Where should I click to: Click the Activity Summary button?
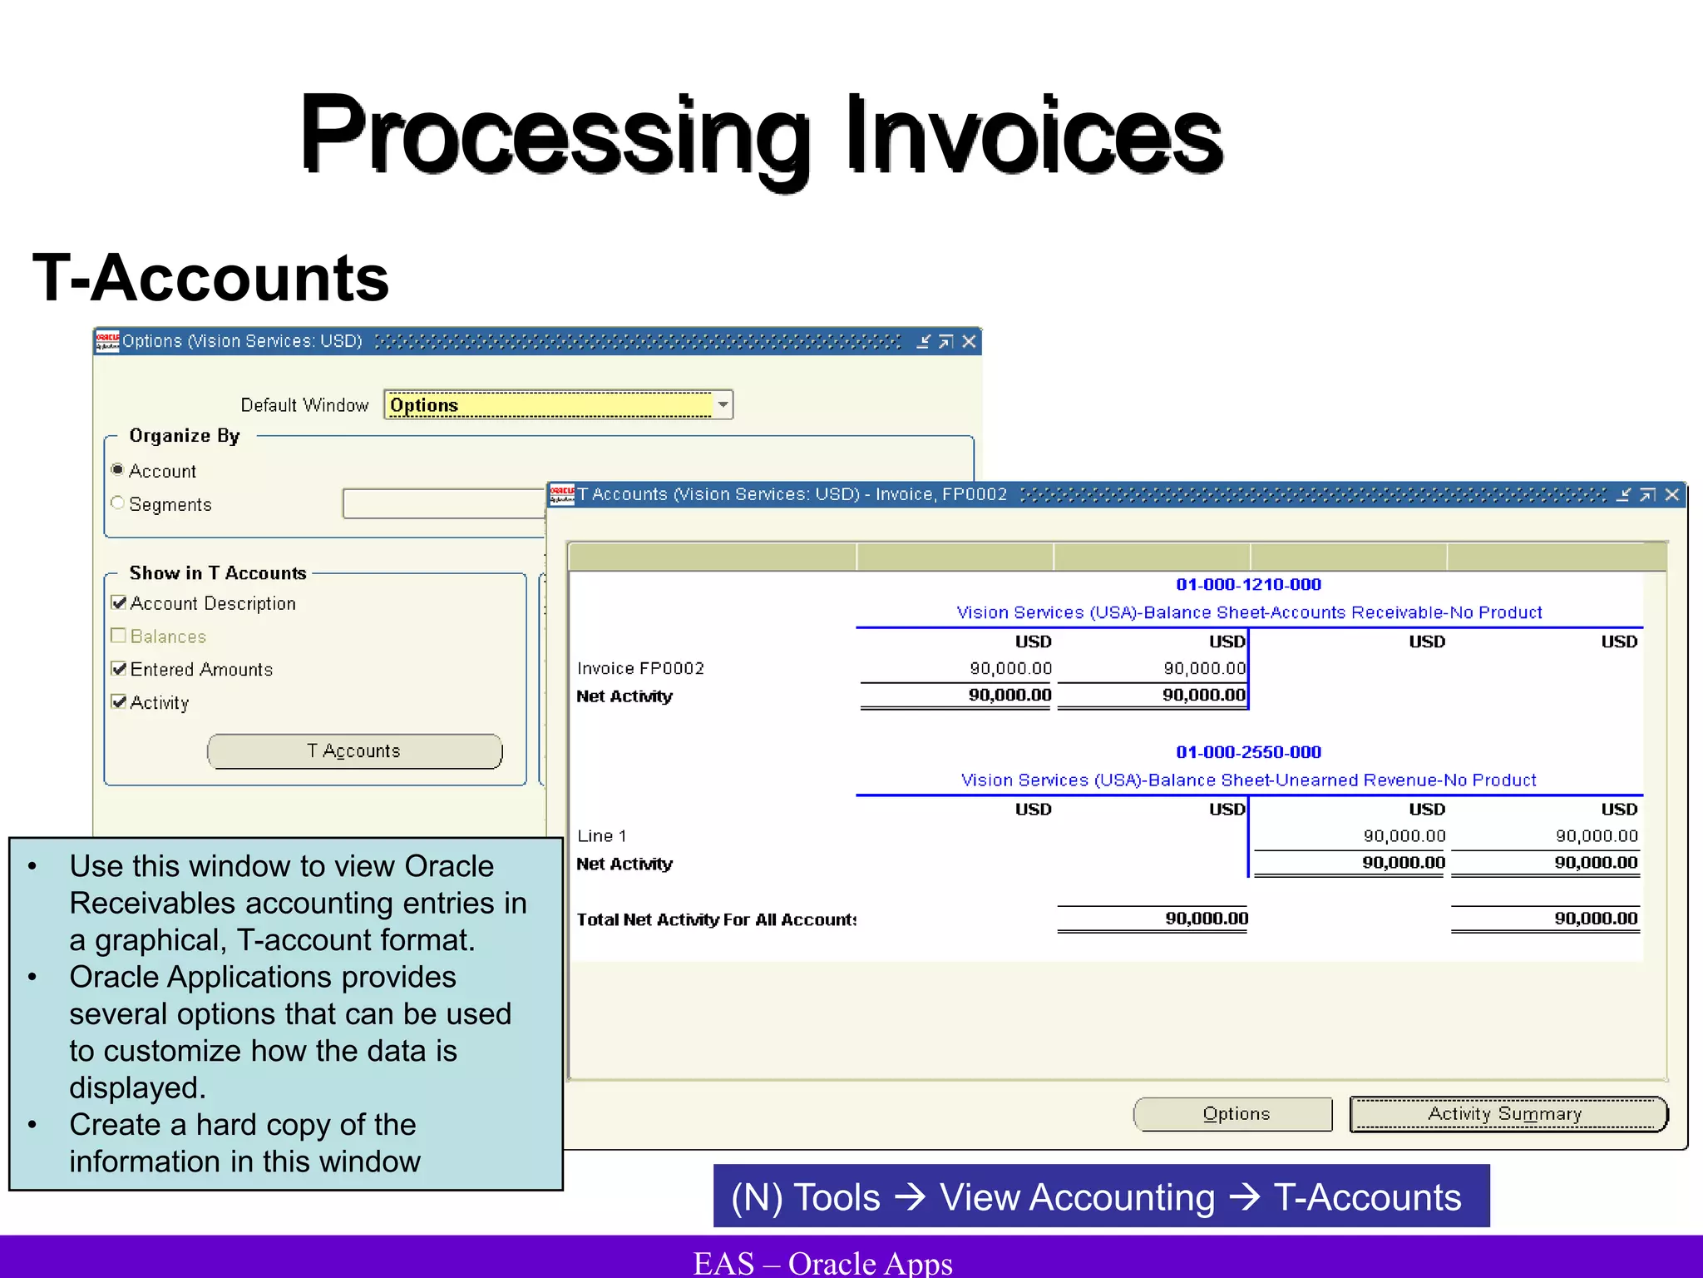click(1508, 1114)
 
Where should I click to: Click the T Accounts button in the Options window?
click(354, 751)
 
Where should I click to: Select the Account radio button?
click(118, 470)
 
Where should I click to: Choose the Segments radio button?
click(118, 503)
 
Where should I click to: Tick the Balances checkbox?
click(119, 636)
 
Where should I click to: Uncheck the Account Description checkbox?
click(119, 603)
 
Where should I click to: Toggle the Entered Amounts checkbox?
click(119, 669)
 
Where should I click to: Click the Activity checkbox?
click(119, 702)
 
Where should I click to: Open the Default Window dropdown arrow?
click(723, 405)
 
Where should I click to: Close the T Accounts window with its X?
click(1672, 495)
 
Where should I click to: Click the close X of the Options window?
click(969, 342)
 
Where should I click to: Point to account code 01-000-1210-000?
click(1248, 585)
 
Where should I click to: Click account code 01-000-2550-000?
click(1248, 752)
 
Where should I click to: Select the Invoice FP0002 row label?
click(640, 668)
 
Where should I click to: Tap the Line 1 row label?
click(602, 835)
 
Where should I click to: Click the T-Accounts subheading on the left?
click(211, 278)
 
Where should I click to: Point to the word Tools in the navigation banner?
click(837, 1197)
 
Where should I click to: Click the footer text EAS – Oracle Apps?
click(822, 1262)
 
